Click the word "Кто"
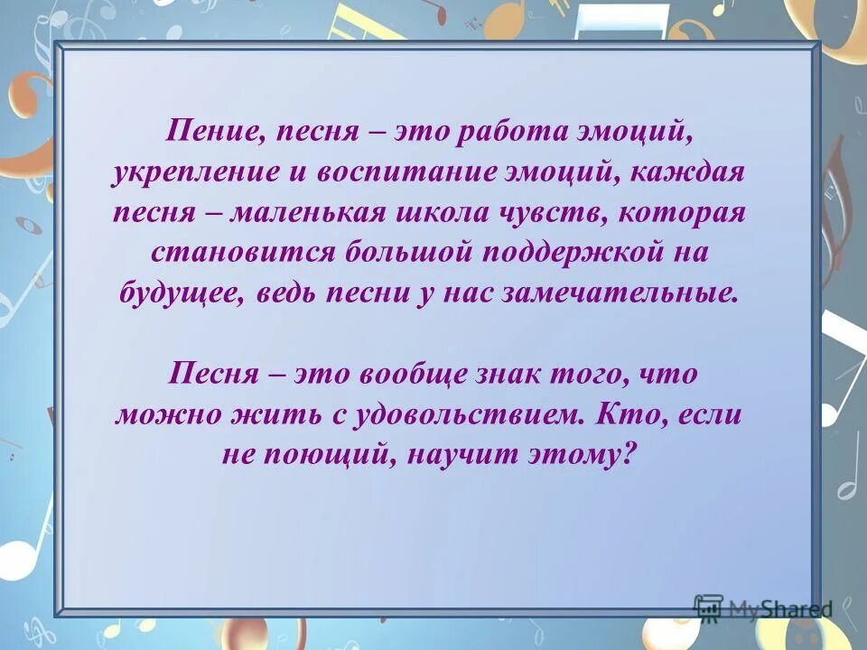613,415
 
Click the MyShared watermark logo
762,608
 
